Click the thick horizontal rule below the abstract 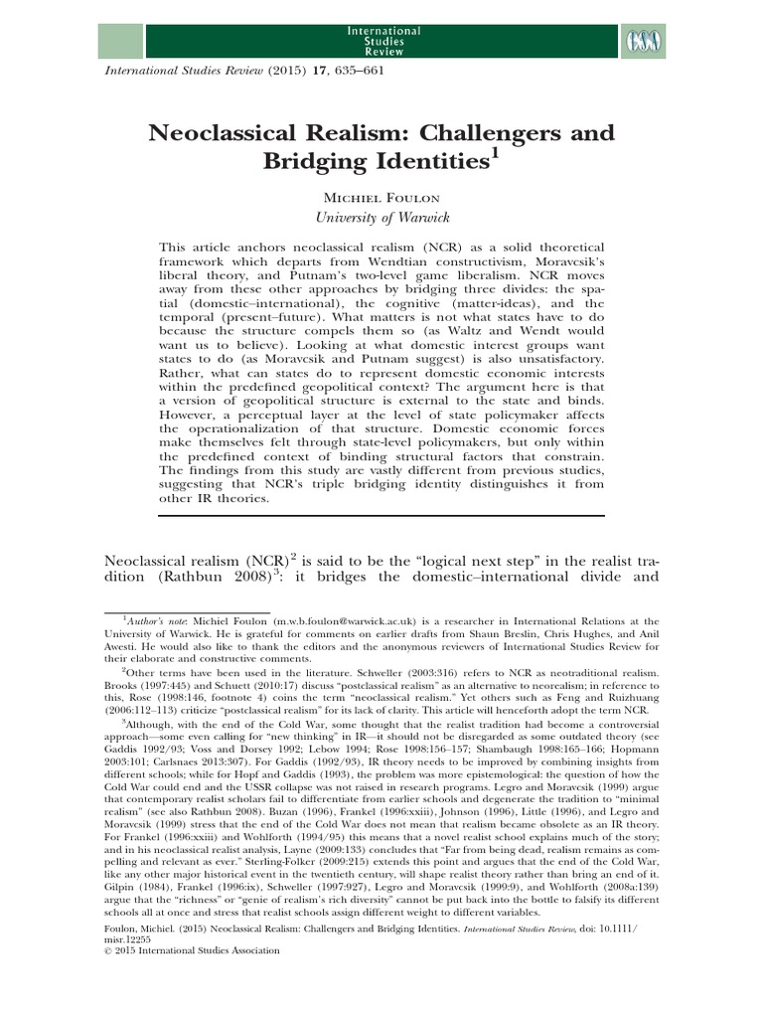coord(381,515)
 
